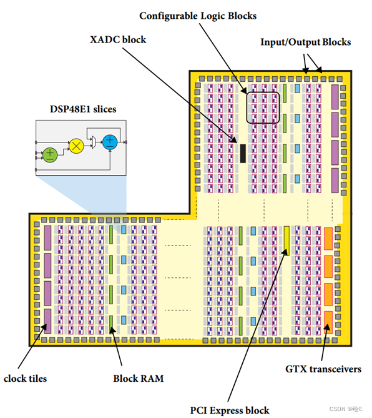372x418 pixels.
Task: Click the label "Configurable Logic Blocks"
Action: point(197,15)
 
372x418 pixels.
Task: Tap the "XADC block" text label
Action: point(118,39)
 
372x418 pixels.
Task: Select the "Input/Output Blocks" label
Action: point(305,42)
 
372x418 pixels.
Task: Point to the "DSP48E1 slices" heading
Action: point(83,109)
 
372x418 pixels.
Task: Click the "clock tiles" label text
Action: point(25,377)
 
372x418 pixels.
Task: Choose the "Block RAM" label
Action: point(134,378)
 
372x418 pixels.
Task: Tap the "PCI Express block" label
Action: point(230,410)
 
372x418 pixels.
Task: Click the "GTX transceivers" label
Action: point(323,369)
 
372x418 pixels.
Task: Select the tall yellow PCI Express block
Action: point(286,240)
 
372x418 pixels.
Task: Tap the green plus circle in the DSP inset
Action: point(49,153)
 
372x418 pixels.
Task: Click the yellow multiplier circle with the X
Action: point(76,146)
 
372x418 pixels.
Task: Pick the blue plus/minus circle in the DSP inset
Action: point(110,142)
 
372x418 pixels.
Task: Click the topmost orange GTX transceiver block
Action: point(328,238)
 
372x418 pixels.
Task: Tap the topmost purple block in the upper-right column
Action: point(335,96)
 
